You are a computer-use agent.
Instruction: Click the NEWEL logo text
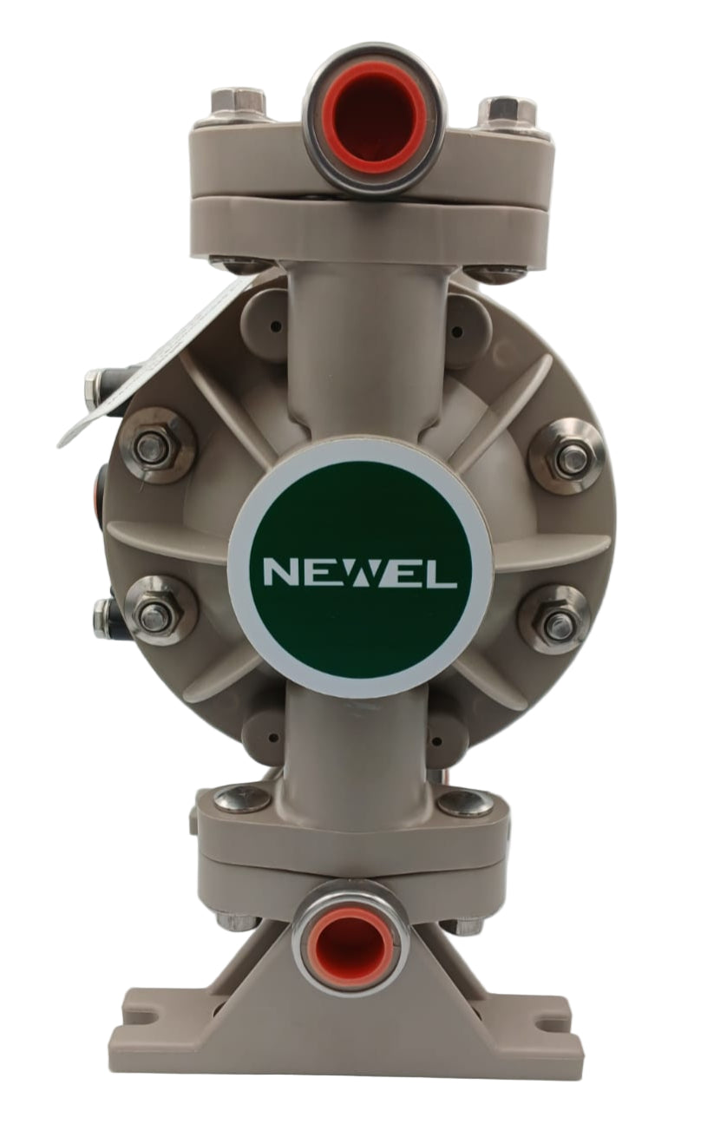[360, 575]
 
